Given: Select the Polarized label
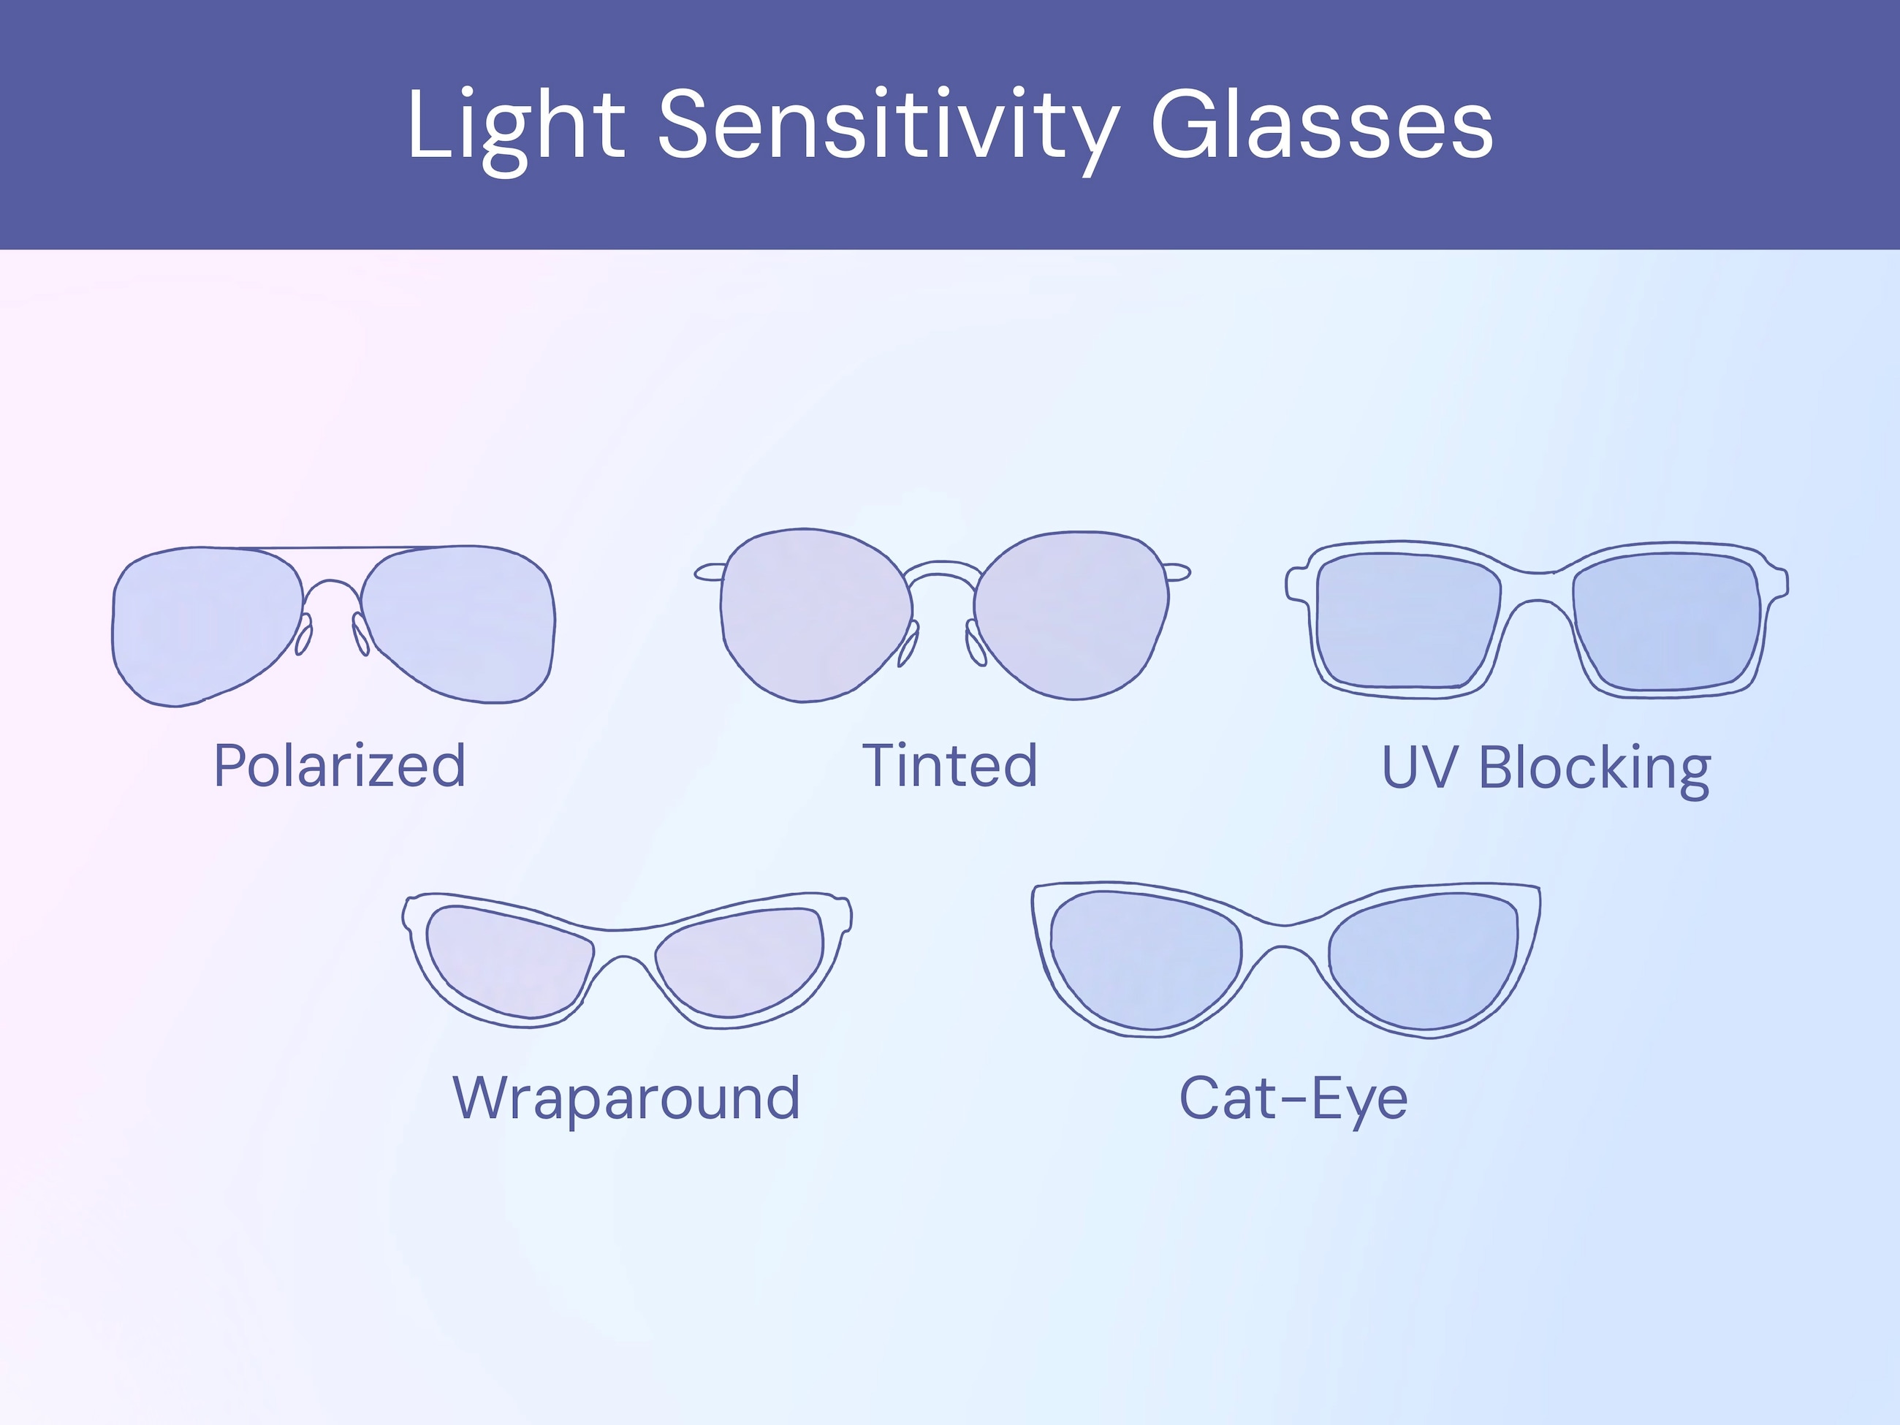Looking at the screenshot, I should click(339, 765).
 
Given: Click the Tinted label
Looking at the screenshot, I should click(950, 765).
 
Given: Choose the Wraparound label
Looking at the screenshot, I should click(626, 1098).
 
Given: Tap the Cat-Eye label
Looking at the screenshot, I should click(1293, 1098).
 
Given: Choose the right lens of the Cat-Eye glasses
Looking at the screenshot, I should click(1426, 958).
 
